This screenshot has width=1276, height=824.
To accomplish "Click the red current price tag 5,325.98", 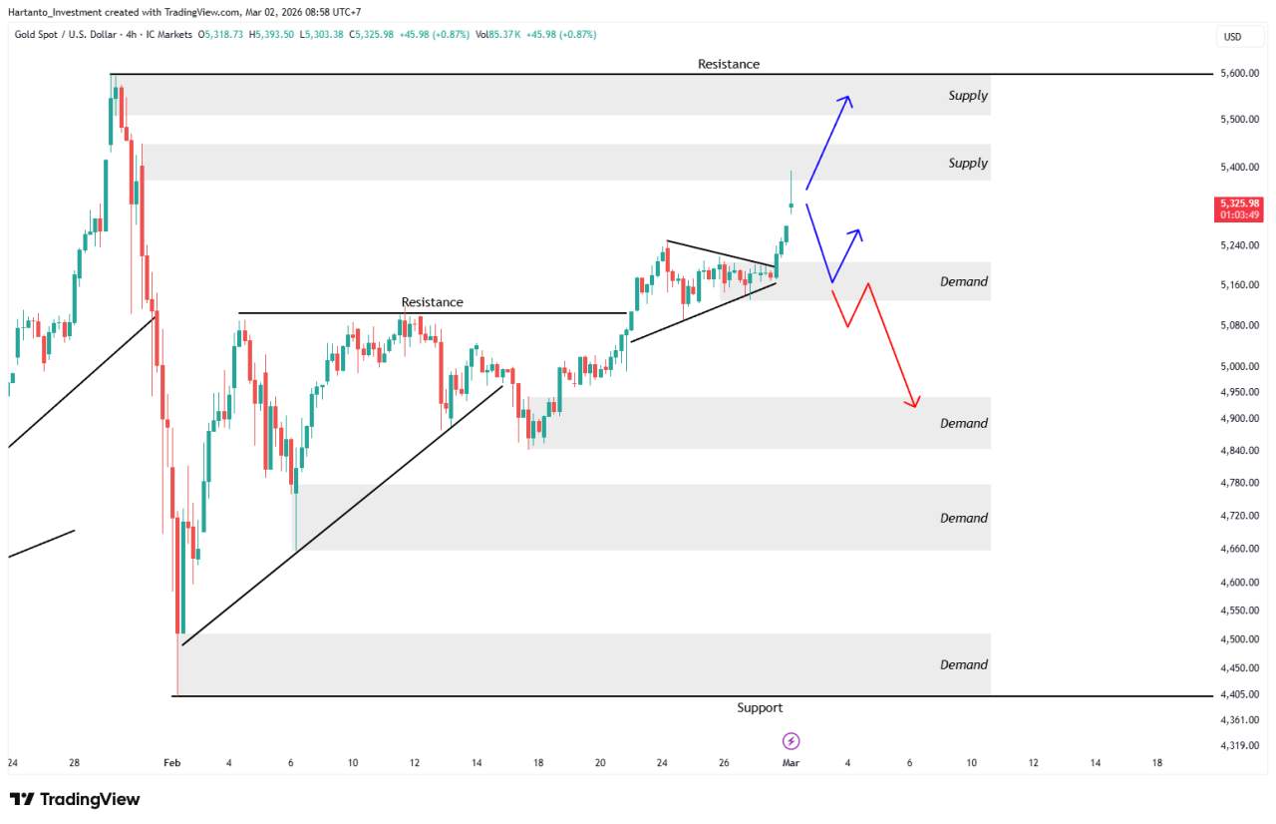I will tap(1239, 208).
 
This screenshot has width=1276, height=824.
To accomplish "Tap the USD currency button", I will tap(1232, 38).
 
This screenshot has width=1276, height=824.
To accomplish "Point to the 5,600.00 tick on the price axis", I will tap(1239, 74).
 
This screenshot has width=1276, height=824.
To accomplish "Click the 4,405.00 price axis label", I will tap(1239, 695).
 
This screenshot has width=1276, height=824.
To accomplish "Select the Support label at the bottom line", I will tap(760, 708).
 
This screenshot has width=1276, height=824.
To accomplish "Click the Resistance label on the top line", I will tap(728, 64).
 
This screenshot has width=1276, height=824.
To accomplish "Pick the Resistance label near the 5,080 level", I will tap(432, 302).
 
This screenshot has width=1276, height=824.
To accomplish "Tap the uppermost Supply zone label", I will tap(967, 96).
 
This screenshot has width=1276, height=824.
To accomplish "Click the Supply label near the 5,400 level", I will tap(967, 163).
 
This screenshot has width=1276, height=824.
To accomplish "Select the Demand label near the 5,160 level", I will tap(964, 281).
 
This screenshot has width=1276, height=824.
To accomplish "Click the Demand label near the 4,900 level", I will tap(964, 423).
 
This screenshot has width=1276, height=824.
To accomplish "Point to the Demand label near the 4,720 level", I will tap(964, 518).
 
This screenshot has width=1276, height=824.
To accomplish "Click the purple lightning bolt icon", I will tap(792, 741).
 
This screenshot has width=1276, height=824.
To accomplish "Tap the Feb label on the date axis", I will tap(171, 763).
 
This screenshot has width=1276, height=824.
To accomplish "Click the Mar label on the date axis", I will tap(791, 763).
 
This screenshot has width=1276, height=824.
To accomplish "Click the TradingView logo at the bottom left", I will tap(75, 799).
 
